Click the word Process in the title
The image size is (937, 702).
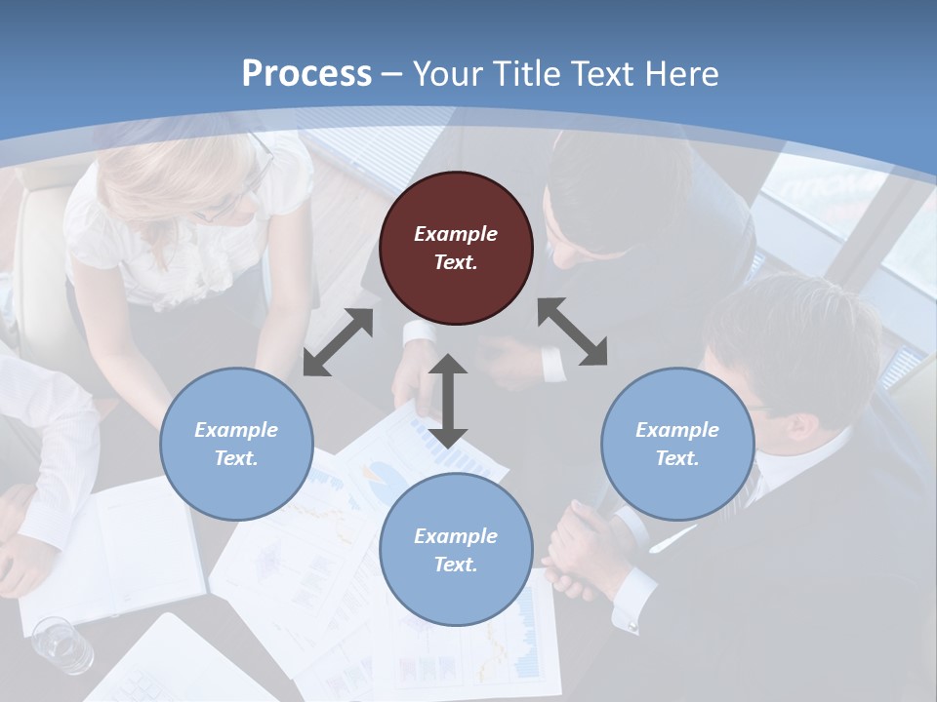pyautogui.click(x=306, y=74)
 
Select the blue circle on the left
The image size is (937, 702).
pyautogui.click(x=236, y=444)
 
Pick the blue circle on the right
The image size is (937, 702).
pyautogui.click(x=677, y=444)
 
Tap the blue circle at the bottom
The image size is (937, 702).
pyautogui.click(x=456, y=550)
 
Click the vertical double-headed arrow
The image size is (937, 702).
pyautogui.click(x=448, y=401)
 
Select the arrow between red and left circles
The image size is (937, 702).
pyautogui.click(x=338, y=342)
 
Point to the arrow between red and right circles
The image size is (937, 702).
pyautogui.click(x=572, y=332)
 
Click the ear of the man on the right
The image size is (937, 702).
pyautogui.click(x=803, y=426)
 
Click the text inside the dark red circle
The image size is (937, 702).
pyautogui.click(x=456, y=248)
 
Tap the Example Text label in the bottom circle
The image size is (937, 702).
pyautogui.click(x=456, y=550)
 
